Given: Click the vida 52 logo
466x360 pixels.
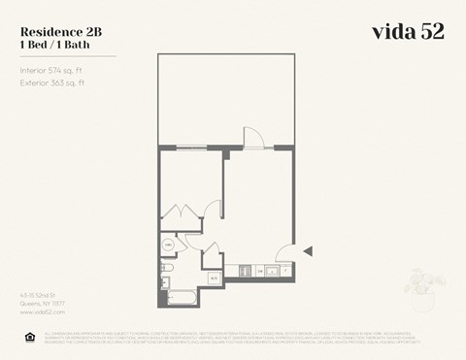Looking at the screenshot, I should point(408,31).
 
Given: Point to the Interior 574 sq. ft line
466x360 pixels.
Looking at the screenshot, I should point(53,70).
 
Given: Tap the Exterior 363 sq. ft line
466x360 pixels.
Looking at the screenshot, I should point(53,83).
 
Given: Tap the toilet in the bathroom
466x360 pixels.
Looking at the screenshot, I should point(166,266).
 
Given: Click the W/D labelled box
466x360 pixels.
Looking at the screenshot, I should point(214,279).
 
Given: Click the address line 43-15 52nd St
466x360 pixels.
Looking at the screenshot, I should point(40,294).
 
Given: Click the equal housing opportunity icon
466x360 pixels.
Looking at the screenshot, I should point(27,337).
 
